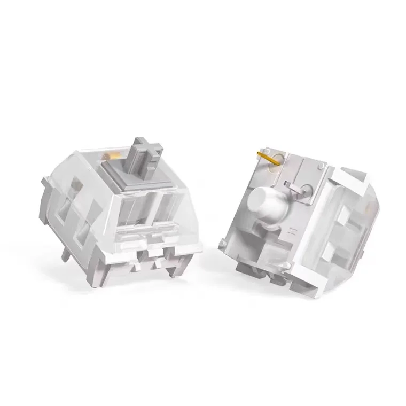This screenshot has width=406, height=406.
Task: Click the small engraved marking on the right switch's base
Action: click(292, 231)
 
